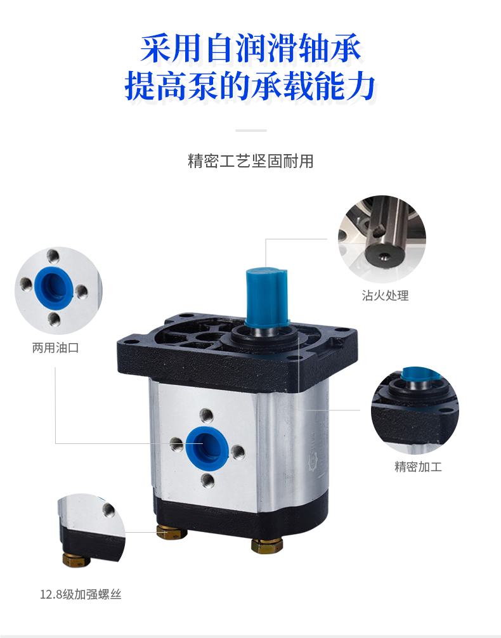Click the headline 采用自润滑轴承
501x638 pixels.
[x=251, y=49]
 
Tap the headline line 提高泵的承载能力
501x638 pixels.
[x=250, y=86]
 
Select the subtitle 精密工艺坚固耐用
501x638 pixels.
[x=251, y=161]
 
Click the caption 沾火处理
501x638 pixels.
[x=385, y=296]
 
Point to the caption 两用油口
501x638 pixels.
[x=55, y=348]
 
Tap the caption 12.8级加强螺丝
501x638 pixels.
[x=81, y=594]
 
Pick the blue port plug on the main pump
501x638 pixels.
[x=207, y=446]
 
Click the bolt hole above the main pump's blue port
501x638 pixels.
[x=206, y=416]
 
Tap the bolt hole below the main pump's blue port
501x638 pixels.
[x=208, y=481]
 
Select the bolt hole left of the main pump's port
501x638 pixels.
[x=177, y=444]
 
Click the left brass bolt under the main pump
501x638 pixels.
[x=172, y=532]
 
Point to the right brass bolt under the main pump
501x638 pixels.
[x=266, y=545]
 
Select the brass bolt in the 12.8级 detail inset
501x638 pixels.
[x=76, y=560]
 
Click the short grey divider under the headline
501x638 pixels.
[x=251, y=131]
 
